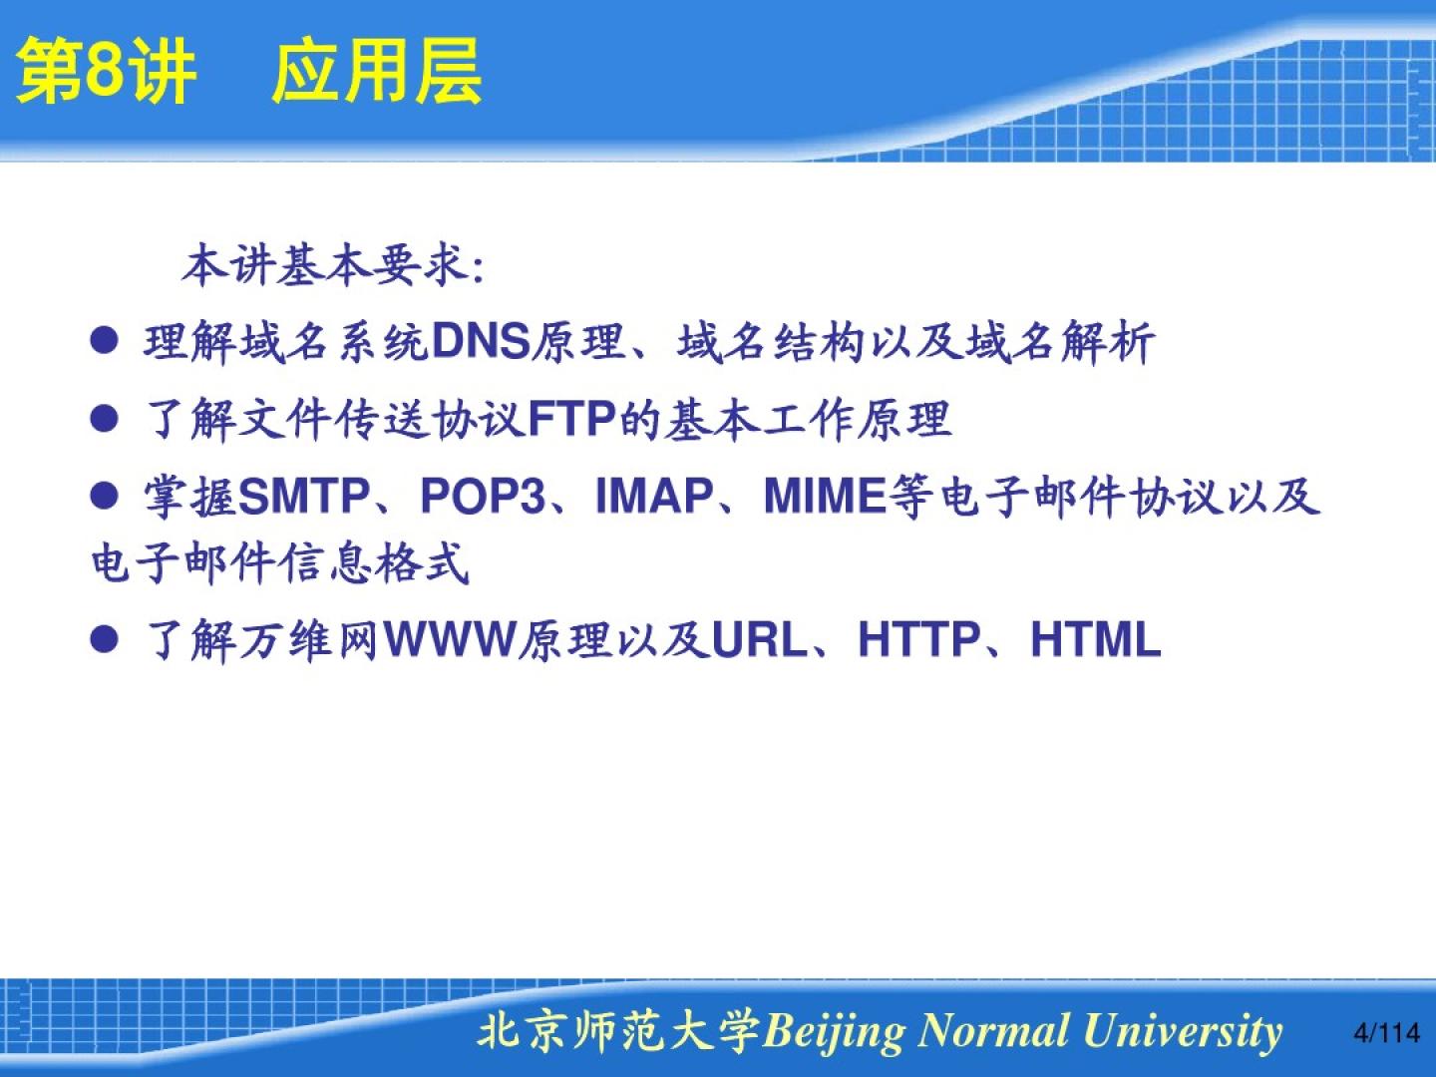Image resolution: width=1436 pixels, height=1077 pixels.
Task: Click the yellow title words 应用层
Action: (378, 70)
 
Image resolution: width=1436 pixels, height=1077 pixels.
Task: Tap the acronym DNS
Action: (481, 341)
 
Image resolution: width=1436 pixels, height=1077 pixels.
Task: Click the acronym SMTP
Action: (304, 496)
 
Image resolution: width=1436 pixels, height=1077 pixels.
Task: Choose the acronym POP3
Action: (483, 496)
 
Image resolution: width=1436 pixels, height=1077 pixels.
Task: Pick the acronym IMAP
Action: (655, 496)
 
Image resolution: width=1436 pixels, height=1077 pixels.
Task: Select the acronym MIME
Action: (826, 496)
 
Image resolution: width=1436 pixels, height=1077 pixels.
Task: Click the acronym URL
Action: (760, 639)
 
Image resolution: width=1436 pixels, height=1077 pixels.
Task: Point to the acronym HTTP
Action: (919, 639)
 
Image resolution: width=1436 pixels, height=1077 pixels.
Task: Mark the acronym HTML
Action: (1096, 639)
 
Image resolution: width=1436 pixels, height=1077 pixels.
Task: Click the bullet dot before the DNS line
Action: (104, 341)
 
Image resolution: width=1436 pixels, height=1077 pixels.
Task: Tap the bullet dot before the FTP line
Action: (104, 419)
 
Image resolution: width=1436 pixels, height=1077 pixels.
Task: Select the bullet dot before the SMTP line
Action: (104, 496)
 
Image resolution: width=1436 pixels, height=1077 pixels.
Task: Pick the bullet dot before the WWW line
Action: (104, 639)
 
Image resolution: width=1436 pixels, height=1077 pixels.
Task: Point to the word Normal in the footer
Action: (993, 1031)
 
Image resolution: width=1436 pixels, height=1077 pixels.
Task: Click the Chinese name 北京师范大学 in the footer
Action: (619, 1031)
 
